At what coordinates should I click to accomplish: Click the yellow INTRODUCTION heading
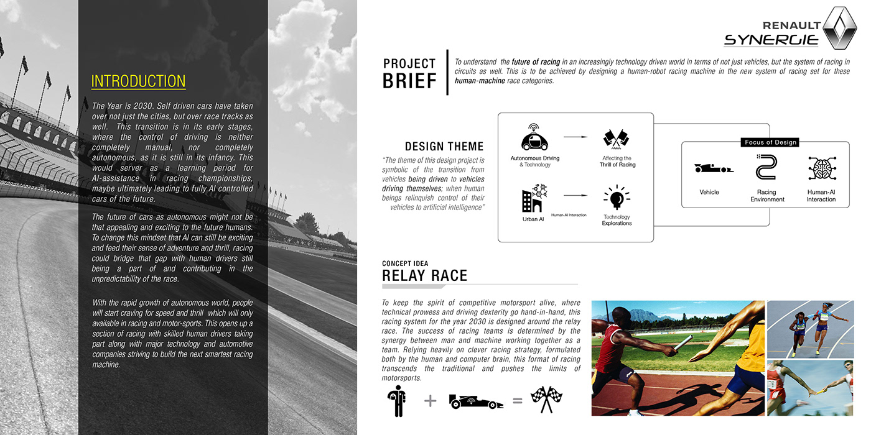pos(138,81)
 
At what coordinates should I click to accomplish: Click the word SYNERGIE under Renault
pos(771,40)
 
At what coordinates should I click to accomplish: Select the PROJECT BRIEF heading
pos(409,73)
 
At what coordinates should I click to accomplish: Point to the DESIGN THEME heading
pos(444,147)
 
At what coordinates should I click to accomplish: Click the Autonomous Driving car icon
pos(534,138)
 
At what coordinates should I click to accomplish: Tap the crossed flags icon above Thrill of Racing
pos(617,140)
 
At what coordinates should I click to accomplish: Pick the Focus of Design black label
pos(770,142)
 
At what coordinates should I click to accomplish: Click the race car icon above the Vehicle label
pos(713,168)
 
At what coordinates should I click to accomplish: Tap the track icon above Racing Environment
pos(766,168)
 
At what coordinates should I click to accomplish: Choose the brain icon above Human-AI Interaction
pos(821,168)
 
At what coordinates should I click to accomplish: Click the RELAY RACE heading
pos(424,276)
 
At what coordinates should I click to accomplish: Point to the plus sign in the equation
pos(430,401)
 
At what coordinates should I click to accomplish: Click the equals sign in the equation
pos(517,401)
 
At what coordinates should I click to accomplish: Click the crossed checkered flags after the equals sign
pos(546,400)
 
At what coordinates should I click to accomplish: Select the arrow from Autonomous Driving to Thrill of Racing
pos(575,136)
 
